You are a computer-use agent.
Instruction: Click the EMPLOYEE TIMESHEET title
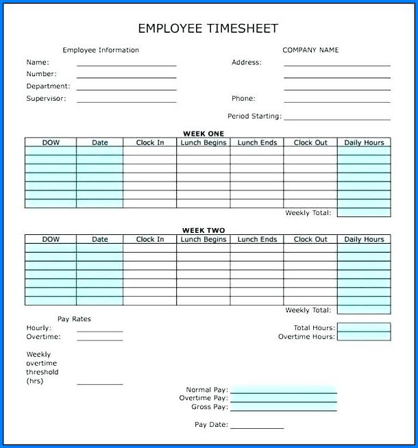(x=208, y=28)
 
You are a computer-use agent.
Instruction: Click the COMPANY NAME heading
(x=310, y=50)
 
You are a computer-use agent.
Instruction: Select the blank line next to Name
(x=126, y=63)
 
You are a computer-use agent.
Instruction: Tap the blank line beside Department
(x=126, y=88)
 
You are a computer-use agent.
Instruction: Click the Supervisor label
(x=46, y=99)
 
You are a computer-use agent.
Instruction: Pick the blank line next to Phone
(x=336, y=100)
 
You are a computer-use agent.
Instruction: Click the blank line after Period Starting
(x=336, y=118)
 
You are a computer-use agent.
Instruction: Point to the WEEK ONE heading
(x=203, y=134)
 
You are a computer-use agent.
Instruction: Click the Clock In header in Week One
(x=150, y=142)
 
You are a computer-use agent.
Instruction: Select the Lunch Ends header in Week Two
(x=257, y=240)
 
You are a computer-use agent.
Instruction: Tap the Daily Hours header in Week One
(x=364, y=142)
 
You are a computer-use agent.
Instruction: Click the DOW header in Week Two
(x=51, y=240)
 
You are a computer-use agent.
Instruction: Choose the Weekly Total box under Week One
(x=364, y=213)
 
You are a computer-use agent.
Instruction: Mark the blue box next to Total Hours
(x=364, y=328)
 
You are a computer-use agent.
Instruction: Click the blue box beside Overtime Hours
(x=364, y=337)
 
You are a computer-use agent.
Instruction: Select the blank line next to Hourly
(x=100, y=329)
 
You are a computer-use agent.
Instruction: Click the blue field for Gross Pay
(x=284, y=407)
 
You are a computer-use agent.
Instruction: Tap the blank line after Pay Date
(x=257, y=426)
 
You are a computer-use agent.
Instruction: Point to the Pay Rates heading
(x=74, y=319)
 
